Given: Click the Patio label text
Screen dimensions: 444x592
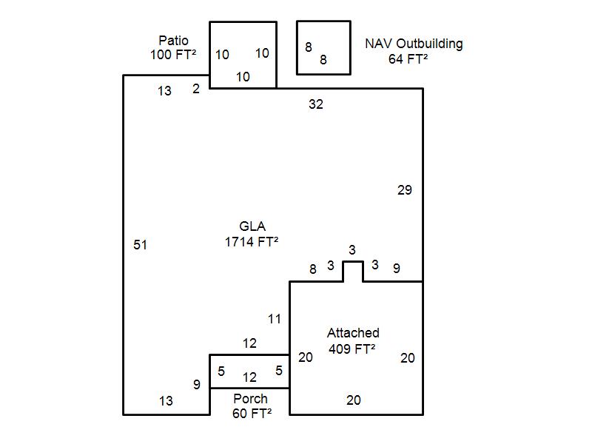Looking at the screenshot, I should pyautogui.click(x=173, y=40).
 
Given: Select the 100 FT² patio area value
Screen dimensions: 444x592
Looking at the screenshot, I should pyautogui.click(x=173, y=54).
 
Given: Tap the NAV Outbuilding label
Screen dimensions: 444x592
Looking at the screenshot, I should pyautogui.click(x=414, y=44).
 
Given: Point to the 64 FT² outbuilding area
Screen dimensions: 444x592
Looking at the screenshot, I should pyautogui.click(x=408, y=58).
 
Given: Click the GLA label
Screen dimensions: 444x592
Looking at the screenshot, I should pyautogui.click(x=252, y=226).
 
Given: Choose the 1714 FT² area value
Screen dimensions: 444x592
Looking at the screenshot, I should pyautogui.click(x=252, y=241).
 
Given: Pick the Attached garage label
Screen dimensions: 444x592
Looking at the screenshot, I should pyautogui.click(x=353, y=333).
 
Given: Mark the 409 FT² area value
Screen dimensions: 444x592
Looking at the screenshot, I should pyautogui.click(x=351, y=348).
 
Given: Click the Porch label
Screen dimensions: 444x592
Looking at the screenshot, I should pyautogui.click(x=250, y=399).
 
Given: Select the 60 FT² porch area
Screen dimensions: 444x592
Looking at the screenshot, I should pyautogui.click(x=251, y=413).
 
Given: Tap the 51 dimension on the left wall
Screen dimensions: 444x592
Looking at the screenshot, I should pyautogui.click(x=140, y=244).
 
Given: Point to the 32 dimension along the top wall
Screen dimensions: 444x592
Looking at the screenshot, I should pyautogui.click(x=316, y=104).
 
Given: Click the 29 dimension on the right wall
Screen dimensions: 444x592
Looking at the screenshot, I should pyautogui.click(x=404, y=190).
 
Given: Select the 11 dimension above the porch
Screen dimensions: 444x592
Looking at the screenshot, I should pyautogui.click(x=275, y=319).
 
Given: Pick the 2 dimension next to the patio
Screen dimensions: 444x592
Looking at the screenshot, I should pyautogui.click(x=196, y=90).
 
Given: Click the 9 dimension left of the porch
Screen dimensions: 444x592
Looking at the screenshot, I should pyautogui.click(x=197, y=385).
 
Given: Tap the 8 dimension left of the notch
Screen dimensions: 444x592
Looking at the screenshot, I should pyautogui.click(x=313, y=269).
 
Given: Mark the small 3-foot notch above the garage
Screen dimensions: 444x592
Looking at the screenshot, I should pyautogui.click(x=353, y=271).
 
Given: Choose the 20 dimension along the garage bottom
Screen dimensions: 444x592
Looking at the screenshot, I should pyautogui.click(x=354, y=400).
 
